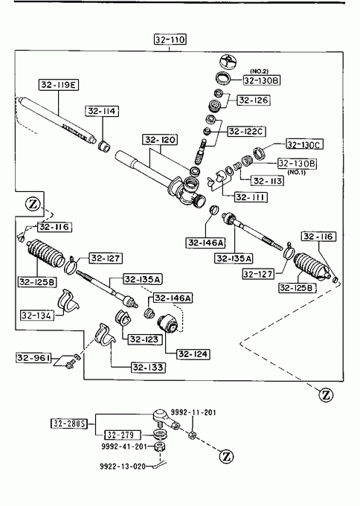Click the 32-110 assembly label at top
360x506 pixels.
pyautogui.click(x=170, y=39)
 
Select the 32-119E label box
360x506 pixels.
pyautogui.click(x=58, y=85)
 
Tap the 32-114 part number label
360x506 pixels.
pyautogui.click(x=102, y=111)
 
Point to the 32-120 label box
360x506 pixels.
pyautogui.click(x=160, y=140)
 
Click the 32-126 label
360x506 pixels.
pyautogui.click(x=254, y=100)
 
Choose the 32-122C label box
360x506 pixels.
pyautogui.click(x=247, y=132)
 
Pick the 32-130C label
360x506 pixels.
pyautogui.click(x=305, y=144)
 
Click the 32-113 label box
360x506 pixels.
pyautogui.click(x=268, y=181)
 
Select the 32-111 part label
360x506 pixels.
pyautogui.click(x=251, y=197)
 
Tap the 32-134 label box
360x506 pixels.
pyautogui.click(x=37, y=315)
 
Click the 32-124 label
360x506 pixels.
pyautogui.click(x=193, y=354)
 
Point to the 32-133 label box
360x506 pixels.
pyautogui.click(x=148, y=368)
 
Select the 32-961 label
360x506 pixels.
pyautogui.click(x=33, y=358)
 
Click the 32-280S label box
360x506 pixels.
pyautogui.click(x=69, y=423)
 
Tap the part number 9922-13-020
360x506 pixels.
pyautogui.click(x=123, y=467)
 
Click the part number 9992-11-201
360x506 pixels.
pyautogui.click(x=193, y=412)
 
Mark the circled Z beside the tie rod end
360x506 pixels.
pyautogui.click(x=226, y=456)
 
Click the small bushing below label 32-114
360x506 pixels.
pyautogui.click(x=104, y=146)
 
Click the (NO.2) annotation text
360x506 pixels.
pyautogui.click(x=259, y=71)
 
